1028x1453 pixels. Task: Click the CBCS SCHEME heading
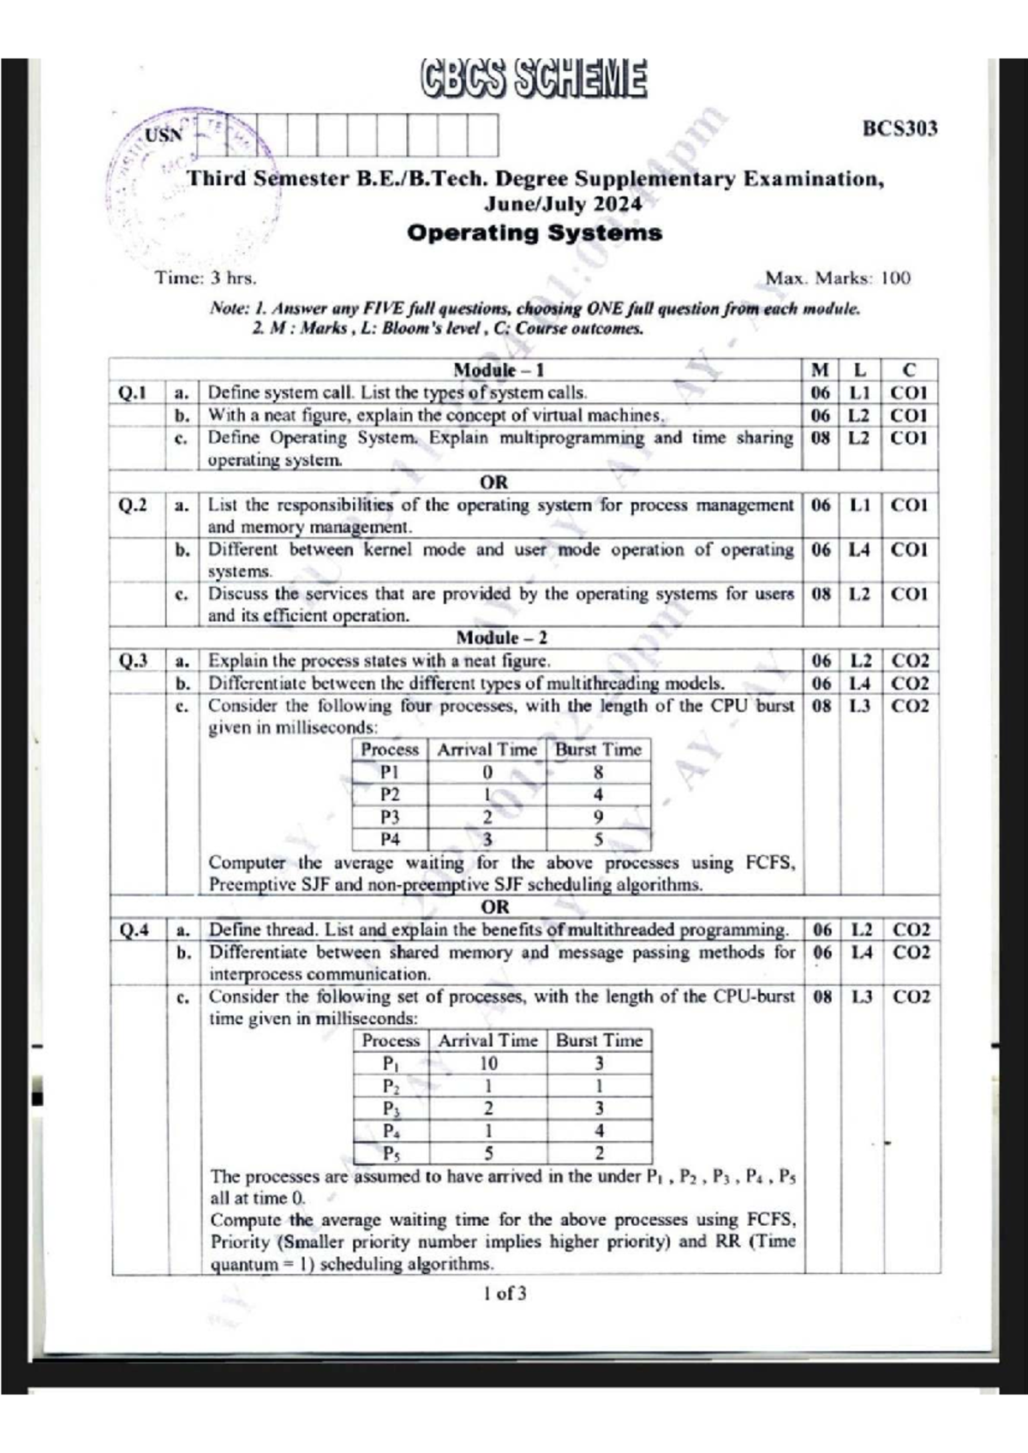click(x=533, y=79)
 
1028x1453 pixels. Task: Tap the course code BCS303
click(x=899, y=129)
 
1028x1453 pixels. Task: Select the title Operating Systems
click(x=535, y=233)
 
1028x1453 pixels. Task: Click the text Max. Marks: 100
click(x=837, y=278)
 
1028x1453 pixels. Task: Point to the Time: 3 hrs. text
click(x=206, y=278)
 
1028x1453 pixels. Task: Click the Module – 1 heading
click(x=498, y=370)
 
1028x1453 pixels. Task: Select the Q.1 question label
click(x=133, y=392)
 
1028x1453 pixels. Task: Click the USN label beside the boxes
click(x=164, y=135)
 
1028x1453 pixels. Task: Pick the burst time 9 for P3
click(x=598, y=816)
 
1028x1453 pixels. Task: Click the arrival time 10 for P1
click(x=487, y=1063)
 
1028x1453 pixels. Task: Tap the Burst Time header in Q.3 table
click(x=598, y=750)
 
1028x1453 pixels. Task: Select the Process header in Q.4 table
click(x=391, y=1040)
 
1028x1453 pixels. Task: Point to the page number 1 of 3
click(x=505, y=1294)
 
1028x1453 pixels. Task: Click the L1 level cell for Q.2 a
click(x=859, y=505)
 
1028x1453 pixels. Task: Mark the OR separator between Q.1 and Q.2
click(x=494, y=482)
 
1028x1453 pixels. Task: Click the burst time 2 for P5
click(x=599, y=1153)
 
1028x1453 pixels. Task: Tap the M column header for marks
click(x=820, y=370)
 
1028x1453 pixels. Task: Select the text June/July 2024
click(x=562, y=204)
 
